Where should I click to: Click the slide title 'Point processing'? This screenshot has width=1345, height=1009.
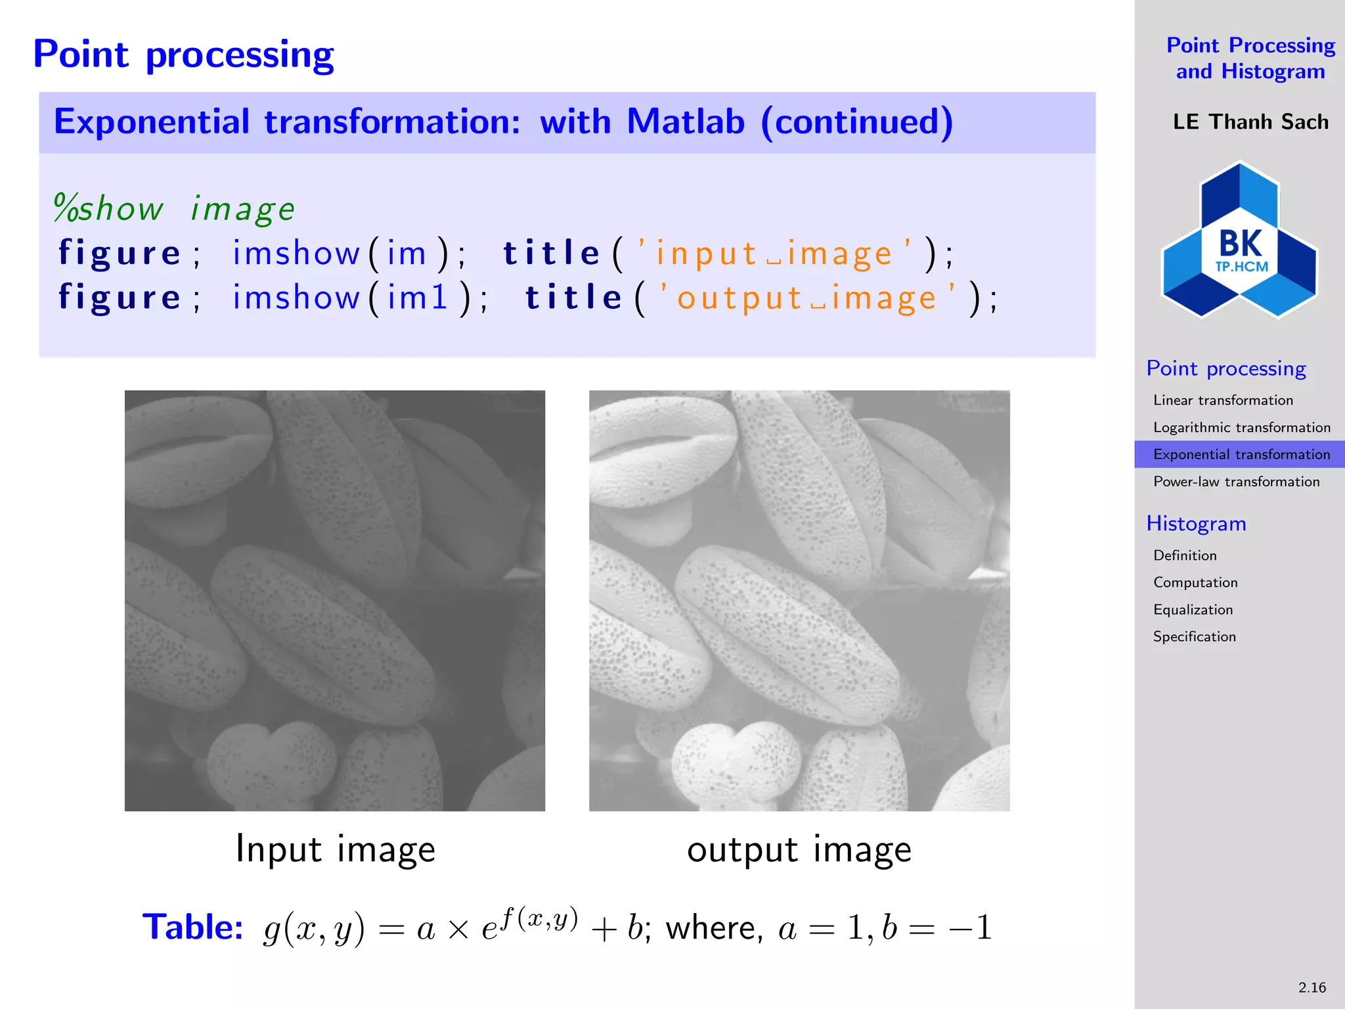[183, 54]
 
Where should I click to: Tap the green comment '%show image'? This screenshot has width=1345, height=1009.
[174, 209]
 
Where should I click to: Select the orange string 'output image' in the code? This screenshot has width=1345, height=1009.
[807, 298]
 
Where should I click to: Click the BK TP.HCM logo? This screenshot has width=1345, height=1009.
[1239, 240]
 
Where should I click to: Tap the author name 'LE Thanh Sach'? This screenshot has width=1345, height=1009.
[1250, 122]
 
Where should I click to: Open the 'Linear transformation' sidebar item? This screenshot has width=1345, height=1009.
[1223, 400]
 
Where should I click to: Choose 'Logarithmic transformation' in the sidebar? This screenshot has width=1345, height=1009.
[1241, 428]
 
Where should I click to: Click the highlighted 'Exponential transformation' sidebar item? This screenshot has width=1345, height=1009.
[1241, 455]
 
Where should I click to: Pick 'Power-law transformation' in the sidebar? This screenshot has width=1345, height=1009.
[1236, 482]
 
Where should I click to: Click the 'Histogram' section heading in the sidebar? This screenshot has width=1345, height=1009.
[1196, 524]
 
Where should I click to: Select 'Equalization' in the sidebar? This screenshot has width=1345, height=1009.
[1193, 610]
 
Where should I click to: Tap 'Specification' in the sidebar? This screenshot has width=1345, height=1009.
[1194, 637]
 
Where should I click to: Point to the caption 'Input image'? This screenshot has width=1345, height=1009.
[335, 849]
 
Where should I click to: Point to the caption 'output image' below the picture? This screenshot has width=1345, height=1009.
[799, 849]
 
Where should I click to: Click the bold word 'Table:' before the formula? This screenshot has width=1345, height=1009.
[192, 927]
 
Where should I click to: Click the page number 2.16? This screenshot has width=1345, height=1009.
[1312, 987]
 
